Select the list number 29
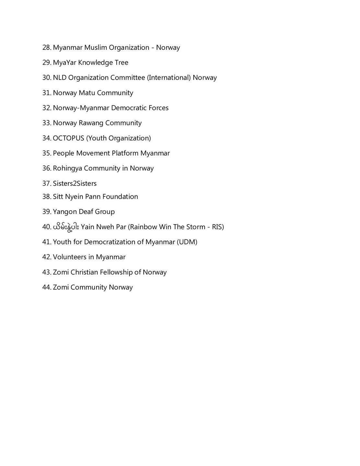click(47, 62)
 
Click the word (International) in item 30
click(169, 78)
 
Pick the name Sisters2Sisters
click(75, 183)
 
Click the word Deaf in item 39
click(86, 212)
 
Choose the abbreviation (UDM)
click(187, 242)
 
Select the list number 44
click(47, 287)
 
